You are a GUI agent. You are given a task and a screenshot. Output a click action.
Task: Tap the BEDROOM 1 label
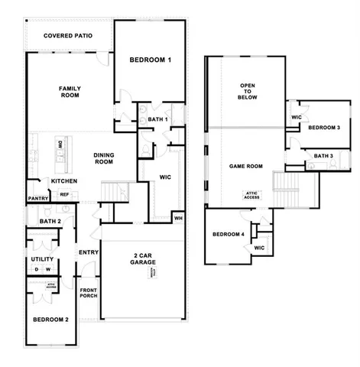(x=150, y=60)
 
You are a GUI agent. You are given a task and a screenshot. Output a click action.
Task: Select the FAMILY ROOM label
(x=70, y=93)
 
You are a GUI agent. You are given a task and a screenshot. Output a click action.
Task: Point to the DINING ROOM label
(x=104, y=158)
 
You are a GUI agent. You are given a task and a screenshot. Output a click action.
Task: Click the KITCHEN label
(x=63, y=180)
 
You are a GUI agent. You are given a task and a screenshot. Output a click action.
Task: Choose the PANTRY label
(x=37, y=198)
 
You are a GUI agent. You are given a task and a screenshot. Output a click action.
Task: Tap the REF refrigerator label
(x=64, y=195)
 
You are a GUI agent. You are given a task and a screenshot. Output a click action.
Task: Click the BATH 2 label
(x=40, y=222)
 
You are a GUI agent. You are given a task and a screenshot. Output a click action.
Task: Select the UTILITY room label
(x=41, y=259)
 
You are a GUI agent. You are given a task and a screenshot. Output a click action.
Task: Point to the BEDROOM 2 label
(x=51, y=320)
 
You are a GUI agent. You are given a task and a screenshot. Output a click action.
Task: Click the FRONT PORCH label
(x=89, y=294)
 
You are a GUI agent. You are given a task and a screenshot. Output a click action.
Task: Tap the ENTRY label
(x=88, y=252)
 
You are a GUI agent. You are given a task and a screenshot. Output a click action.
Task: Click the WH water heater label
(x=178, y=218)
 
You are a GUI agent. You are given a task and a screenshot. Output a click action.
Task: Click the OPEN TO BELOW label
(x=248, y=92)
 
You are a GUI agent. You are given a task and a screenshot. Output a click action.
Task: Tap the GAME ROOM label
(x=245, y=166)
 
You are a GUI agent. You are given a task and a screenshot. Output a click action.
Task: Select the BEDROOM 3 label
(x=324, y=127)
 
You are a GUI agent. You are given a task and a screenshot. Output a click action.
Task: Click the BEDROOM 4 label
(x=228, y=234)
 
